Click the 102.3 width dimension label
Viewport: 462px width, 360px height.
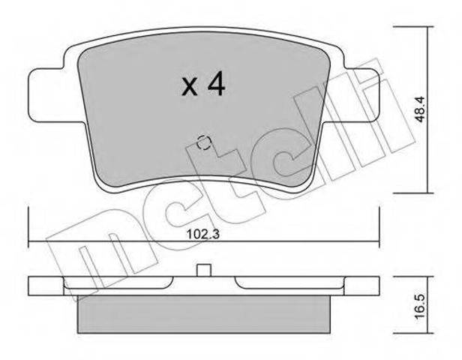coord(203,235)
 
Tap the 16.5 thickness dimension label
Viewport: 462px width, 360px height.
coord(419,305)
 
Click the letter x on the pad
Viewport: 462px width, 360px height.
coord(190,87)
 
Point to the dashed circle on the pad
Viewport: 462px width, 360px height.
coord(203,142)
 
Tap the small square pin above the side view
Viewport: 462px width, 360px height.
coord(204,270)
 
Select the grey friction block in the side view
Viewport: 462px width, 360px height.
coord(203,314)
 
